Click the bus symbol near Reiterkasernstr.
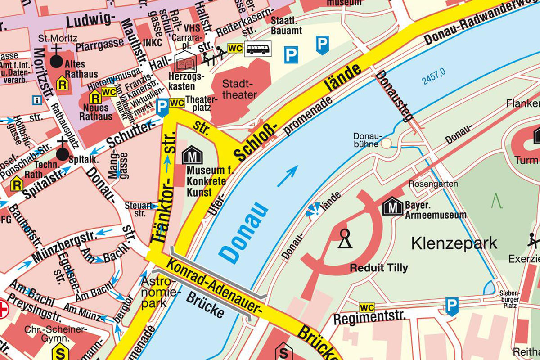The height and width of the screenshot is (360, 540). click(258, 48)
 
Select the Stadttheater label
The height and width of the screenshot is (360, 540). click(240, 89)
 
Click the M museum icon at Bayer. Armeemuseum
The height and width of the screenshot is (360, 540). click(392, 207)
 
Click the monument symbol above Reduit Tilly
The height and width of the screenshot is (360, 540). click(345, 238)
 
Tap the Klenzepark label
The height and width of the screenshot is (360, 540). click(454, 243)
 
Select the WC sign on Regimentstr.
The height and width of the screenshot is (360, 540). click(367, 308)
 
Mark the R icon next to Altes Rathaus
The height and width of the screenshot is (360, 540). click(62, 83)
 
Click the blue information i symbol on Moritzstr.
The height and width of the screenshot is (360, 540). click(36, 99)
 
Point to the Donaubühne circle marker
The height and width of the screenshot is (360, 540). click(387, 144)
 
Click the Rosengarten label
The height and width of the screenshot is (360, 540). click(433, 184)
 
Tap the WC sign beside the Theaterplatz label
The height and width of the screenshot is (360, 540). click(177, 103)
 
